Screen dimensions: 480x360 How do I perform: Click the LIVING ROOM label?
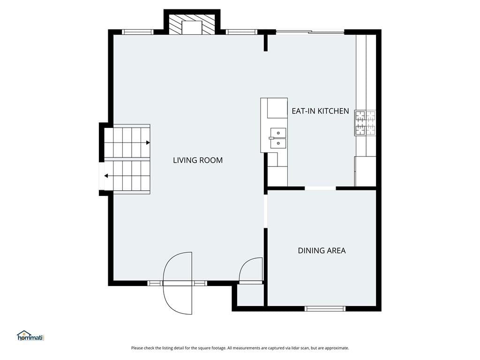pos(198,160)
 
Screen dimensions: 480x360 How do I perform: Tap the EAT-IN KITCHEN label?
pos(320,111)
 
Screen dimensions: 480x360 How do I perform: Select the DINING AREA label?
pos(322,250)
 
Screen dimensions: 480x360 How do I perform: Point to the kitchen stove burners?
pos(365,123)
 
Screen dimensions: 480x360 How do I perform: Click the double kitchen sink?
pos(278,138)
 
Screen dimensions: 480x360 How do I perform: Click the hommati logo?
pos(31,336)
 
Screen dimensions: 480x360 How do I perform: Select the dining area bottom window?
pos(325,308)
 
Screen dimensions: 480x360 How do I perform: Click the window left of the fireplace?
pos(137,32)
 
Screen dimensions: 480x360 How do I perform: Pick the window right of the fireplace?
pos(241,32)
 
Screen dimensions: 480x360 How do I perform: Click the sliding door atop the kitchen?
pos(310,31)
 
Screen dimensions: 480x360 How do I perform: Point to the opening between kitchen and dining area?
pos(320,188)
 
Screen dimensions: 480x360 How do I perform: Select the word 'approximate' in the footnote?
pos(337,348)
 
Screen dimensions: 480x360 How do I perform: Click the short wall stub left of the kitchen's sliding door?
pos(266,43)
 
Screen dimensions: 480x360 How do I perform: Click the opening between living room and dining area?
pos(266,211)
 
